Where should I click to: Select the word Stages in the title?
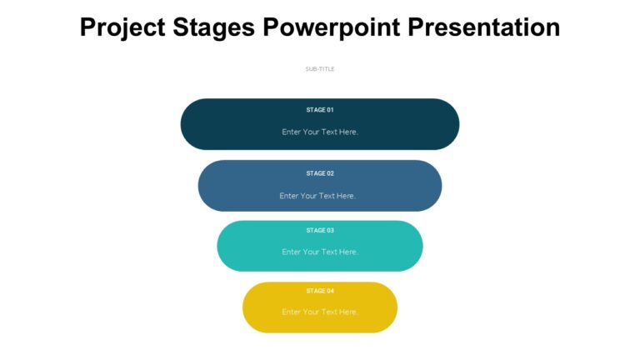pyautogui.click(x=217, y=27)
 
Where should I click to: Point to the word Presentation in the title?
pyautogui.click(x=483, y=27)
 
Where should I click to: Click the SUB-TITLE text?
pyautogui.click(x=320, y=69)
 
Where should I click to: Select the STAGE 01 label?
pyautogui.click(x=320, y=110)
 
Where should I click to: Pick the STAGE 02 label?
pyautogui.click(x=320, y=173)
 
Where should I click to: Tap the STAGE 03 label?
pyautogui.click(x=320, y=231)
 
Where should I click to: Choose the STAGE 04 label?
pyautogui.click(x=320, y=291)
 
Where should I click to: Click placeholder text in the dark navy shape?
pyautogui.click(x=320, y=132)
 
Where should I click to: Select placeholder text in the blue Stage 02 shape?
pyautogui.click(x=317, y=196)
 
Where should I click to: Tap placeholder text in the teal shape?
pyautogui.click(x=320, y=252)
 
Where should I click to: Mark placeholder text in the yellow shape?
pyautogui.click(x=320, y=312)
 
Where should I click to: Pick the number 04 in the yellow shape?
pyautogui.click(x=330, y=291)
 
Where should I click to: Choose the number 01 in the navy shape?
pyautogui.click(x=330, y=110)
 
